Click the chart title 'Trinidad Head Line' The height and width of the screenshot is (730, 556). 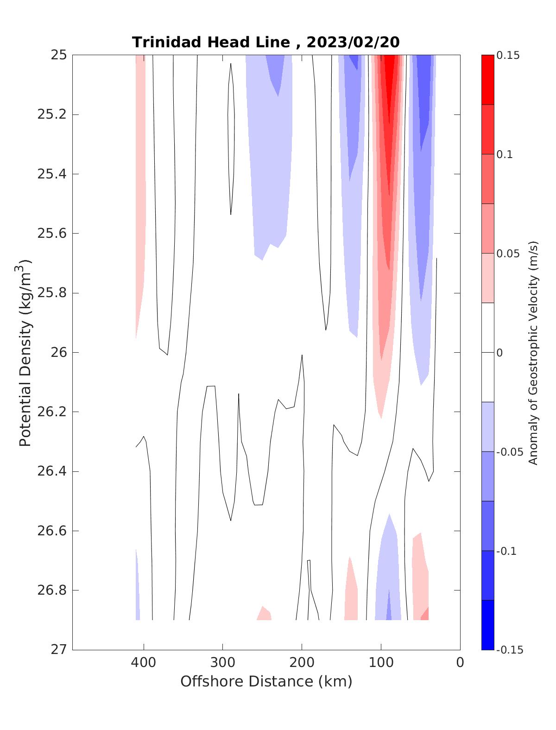tap(211, 42)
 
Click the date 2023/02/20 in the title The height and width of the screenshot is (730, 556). tap(353, 42)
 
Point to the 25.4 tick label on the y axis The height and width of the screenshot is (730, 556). tap(52, 174)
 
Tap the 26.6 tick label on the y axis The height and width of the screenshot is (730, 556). tap(52, 531)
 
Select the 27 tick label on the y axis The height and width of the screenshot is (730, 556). tap(58, 650)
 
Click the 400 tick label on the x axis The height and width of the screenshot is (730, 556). tap(144, 663)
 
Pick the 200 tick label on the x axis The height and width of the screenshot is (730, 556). tap(302, 663)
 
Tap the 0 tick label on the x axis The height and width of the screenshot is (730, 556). tap(460, 663)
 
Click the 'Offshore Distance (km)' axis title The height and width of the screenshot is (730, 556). tap(266, 681)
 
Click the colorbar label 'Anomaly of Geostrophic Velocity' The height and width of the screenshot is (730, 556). tap(533, 352)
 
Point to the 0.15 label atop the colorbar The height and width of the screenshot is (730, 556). tap(508, 56)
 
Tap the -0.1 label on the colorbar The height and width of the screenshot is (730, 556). tap(506, 551)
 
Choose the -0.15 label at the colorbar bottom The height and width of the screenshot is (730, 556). tap(509, 650)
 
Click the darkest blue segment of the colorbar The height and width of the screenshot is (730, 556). tap(487, 625)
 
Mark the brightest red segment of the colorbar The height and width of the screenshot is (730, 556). tap(487, 80)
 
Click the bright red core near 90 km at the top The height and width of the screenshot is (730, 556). tap(389, 83)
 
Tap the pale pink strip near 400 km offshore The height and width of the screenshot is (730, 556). tap(140, 185)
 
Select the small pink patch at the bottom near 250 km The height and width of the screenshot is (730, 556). tap(264, 614)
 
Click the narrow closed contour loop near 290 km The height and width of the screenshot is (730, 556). tap(231, 139)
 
